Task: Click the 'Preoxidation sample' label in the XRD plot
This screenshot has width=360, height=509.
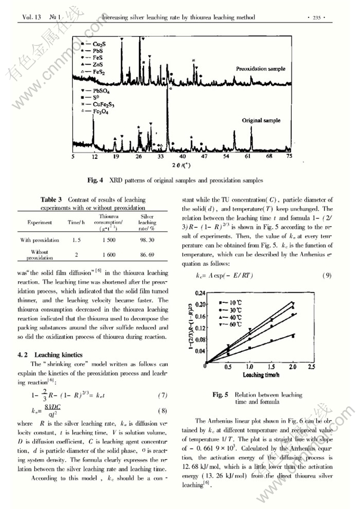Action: pyautogui.click(x=261, y=69)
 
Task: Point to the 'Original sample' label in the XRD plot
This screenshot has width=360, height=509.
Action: pyautogui.click(x=262, y=120)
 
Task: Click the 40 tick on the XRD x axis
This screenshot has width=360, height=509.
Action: pyautogui.click(x=182, y=157)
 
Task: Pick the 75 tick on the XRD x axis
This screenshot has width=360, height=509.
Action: pyautogui.click(x=289, y=157)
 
